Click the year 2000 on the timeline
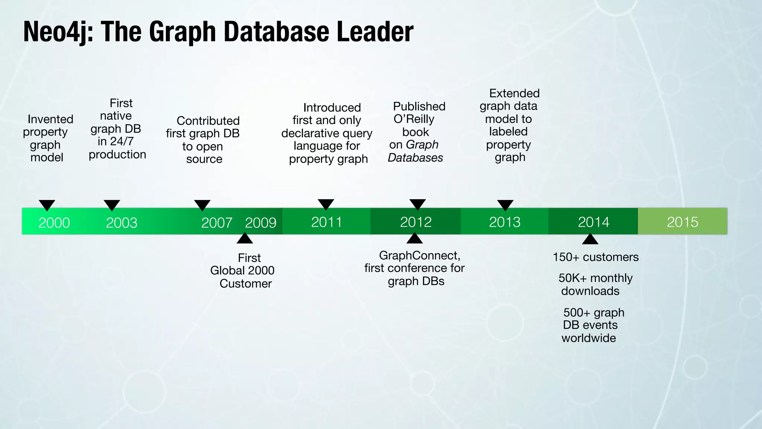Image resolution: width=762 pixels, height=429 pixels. point(54,223)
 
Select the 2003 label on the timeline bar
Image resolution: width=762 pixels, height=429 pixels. point(122,223)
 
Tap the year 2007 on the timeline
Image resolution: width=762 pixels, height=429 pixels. point(217,223)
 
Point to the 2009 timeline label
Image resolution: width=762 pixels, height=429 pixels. point(260,223)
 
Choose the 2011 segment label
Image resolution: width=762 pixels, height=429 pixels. point(326,222)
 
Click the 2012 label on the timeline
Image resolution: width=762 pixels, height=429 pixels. point(416,222)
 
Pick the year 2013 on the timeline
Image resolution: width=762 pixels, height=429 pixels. point(505,222)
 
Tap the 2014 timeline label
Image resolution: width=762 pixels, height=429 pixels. point(593,222)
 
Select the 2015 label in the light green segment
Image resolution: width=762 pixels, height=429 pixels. point(682,222)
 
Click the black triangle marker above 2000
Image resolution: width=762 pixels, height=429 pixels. point(47,205)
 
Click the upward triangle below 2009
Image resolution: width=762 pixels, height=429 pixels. point(245,239)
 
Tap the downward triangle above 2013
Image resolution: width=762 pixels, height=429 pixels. point(505,205)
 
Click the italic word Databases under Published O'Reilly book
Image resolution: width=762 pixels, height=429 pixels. point(415,158)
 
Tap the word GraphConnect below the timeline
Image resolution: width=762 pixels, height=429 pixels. point(419,255)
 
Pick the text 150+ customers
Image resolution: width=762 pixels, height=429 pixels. point(595,257)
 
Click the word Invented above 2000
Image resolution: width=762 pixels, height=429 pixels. point(51,119)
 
